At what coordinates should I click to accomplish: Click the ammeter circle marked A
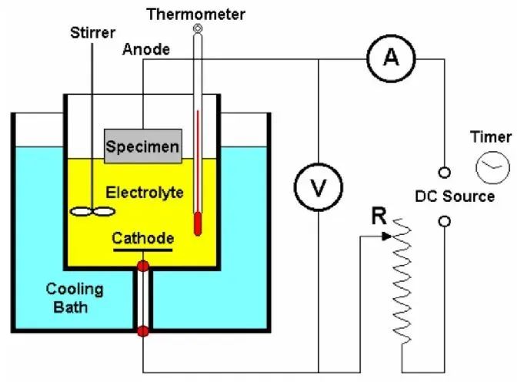[391, 59]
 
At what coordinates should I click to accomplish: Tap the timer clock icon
[492, 166]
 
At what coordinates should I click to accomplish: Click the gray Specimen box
[143, 146]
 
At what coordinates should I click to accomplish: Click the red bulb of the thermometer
[198, 226]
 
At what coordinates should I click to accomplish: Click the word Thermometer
[197, 13]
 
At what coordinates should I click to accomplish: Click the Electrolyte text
[145, 192]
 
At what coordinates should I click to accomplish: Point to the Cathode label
[143, 237]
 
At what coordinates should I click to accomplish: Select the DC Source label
[455, 196]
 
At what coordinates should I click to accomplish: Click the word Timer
[491, 137]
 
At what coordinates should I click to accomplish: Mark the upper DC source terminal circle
[444, 171]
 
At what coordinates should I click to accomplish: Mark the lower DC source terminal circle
[444, 222]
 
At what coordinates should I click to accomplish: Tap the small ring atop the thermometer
[198, 29]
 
